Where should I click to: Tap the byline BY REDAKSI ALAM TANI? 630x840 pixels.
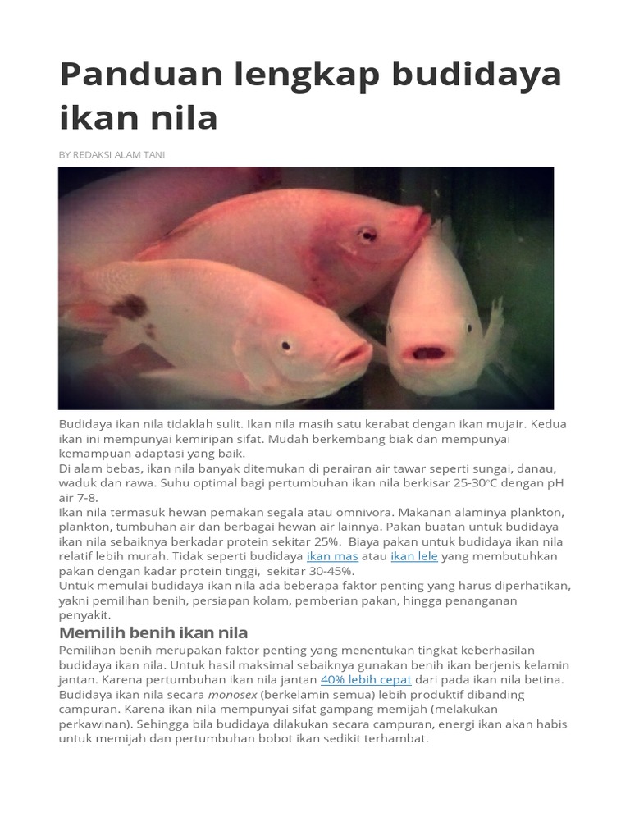[112, 154]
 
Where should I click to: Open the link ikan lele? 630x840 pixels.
[414, 556]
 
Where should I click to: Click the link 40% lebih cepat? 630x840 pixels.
[366, 680]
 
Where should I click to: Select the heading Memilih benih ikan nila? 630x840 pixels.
[153, 632]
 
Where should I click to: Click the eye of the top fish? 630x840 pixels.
[367, 235]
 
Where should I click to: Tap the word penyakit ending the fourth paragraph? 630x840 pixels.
[84, 614]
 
